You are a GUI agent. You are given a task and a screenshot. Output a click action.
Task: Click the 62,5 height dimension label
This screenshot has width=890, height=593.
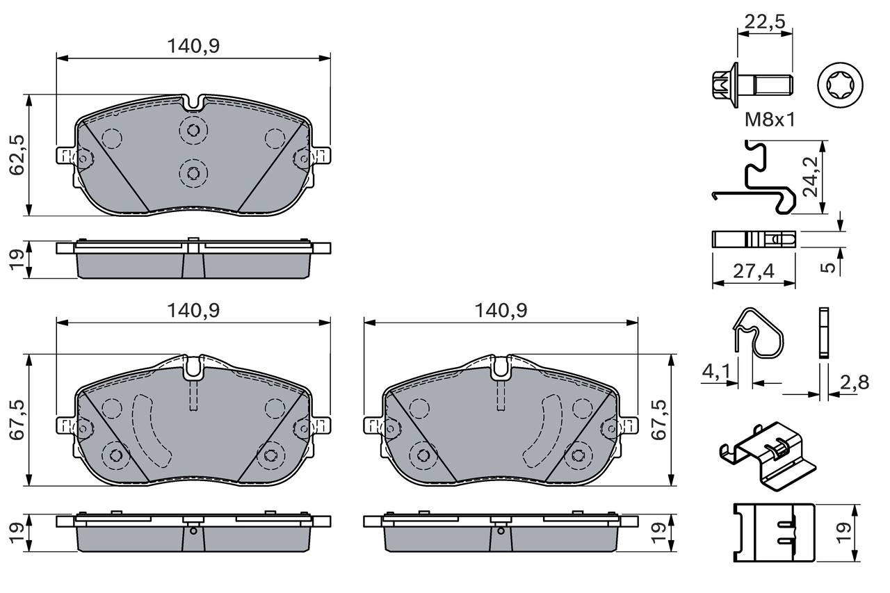[x=17, y=154]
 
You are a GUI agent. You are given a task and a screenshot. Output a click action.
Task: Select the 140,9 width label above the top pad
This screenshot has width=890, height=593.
[x=193, y=46]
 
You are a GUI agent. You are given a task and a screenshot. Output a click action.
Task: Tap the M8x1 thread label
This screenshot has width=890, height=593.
[x=770, y=120]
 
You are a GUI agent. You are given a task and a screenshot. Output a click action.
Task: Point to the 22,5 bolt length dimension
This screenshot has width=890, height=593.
[x=764, y=22]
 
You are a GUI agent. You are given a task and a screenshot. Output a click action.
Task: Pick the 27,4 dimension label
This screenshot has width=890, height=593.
[x=754, y=271]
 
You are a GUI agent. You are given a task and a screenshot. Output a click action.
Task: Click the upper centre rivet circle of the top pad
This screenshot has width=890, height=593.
[x=193, y=130]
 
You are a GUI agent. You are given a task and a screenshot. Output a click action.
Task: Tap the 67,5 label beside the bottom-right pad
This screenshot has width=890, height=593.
[x=658, y=419]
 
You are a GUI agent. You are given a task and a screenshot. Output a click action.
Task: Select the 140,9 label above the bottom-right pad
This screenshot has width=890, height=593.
[x=501, y=311]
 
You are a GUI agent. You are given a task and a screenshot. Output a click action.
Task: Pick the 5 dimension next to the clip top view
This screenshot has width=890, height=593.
[x=827, y=266]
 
